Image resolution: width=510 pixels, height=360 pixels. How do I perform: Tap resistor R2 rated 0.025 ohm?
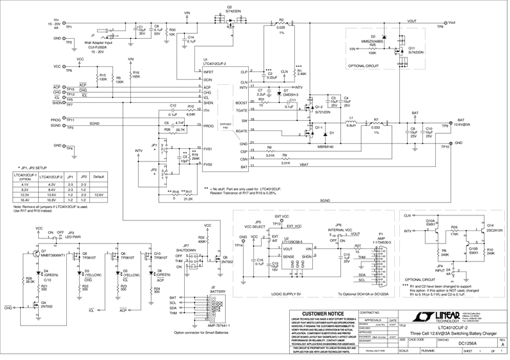[x=281, y=24]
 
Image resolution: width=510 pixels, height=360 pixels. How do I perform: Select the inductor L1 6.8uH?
[x=351, y=121]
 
